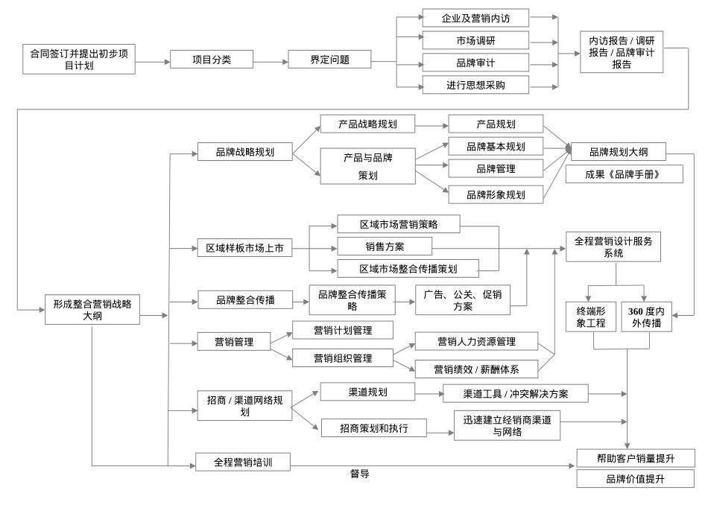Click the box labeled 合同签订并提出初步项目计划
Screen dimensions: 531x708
click(79, 59)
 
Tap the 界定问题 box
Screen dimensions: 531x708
click(329, 60)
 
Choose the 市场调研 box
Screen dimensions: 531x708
click(475, 39)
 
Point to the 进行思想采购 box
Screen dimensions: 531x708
click(475, 85)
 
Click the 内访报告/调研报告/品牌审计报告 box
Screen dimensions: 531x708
click(622, 52)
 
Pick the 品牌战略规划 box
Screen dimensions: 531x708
click(244, 152)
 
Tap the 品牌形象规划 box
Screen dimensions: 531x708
click(496, 194)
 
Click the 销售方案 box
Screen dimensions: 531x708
click(384, 246)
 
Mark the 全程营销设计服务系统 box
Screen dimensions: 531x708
click(613, 247)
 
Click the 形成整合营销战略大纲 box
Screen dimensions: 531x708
click(92, 309)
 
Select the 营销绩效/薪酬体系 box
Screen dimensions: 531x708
click(476, 368)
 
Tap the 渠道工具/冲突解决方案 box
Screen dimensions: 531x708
click(515, 392)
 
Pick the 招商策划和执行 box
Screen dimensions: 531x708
click(373, 427)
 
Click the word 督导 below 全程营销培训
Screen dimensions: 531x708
click(360, 474)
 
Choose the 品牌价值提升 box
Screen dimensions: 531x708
click(635, 479)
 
